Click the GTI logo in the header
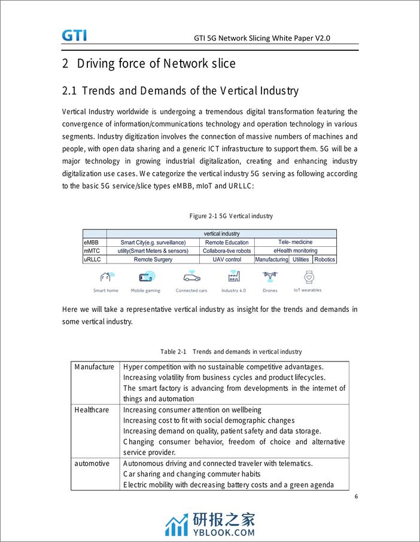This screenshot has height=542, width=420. [x=74, y=35]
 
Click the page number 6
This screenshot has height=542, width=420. [x=355, y=497]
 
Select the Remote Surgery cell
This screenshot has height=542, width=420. [x=153, y=259]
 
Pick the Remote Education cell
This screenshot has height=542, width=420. [x=227, y=243]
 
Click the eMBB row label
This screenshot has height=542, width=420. [x=91, y=243]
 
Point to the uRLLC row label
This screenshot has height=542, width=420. [x=92, y=259]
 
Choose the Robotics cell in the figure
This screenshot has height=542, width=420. [x=325, y=259]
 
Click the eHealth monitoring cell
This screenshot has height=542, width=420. [x=296, y=251]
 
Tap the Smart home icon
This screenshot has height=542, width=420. [x=106, y=277]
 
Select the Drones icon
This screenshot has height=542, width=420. [x=270, y=277]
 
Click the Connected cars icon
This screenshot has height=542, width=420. [x=191, y=277]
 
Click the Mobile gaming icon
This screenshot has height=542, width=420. [x=146, y=277]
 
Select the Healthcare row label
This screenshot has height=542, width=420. [x=92, y=410]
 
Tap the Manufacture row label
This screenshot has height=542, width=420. [x=94, y=367]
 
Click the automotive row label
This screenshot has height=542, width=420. [x=92, y=464]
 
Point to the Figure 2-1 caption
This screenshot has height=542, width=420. [x=231, y=216]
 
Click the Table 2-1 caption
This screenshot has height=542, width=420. [x=231, y=351]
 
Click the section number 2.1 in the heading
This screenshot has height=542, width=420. [x=70, y=91]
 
